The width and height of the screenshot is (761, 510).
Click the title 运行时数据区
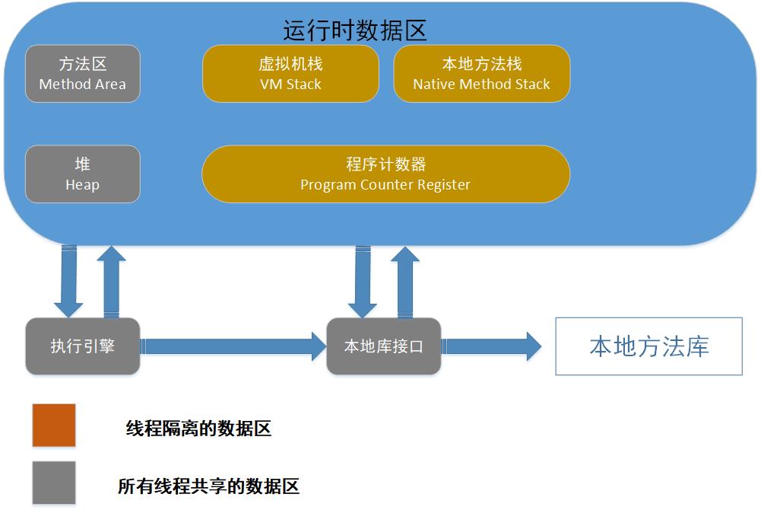coord(355,30)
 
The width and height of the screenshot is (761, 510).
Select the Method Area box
coord(83,73)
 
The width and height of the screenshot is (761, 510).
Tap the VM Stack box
coord(290,73)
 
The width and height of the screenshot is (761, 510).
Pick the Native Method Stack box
coord(481,73)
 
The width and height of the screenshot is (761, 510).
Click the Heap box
coord(83,174)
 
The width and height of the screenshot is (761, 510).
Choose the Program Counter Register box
coord(385,174)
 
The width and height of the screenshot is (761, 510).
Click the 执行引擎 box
coord(83,346)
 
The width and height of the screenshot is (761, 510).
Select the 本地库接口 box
coord(383,346)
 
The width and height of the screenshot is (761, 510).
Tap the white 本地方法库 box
coord(648,347)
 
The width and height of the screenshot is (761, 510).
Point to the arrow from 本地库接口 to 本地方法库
coord(491,346)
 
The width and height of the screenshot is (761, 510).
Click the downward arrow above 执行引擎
coord(68,282)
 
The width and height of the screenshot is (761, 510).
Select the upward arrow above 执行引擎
coord(111,282)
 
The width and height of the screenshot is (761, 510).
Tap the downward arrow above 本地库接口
coord(363,282)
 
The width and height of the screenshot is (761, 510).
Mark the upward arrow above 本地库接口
coord(405,282)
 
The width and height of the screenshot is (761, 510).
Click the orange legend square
coord(53,425)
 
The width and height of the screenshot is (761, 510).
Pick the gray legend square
coord(53,482)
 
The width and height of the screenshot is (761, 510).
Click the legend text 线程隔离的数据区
coord(198,429)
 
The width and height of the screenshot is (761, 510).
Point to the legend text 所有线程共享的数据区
coord(208,486)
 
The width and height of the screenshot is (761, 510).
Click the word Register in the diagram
coord(445,185)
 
